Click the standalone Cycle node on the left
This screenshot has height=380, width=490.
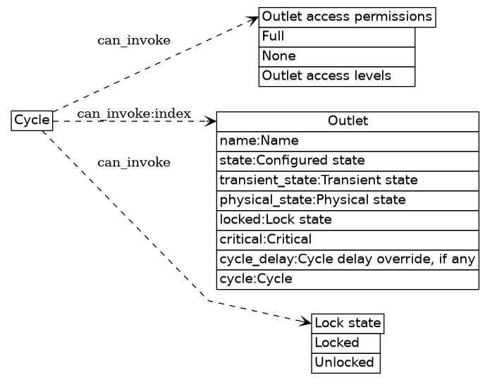pyautogui.click(x=32, y=121)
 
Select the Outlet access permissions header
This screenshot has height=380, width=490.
pyautogui.click(x=347, y=16)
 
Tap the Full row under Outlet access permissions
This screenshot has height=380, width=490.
pyautogui.click(x=336, y=36)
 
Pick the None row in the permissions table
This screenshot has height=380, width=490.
pyautogui.click(x=336, y=56)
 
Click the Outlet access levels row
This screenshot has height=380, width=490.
pyautogui.click(x=336, y=75)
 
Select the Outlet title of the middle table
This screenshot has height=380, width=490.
pyautogui.click(x=347, y=121)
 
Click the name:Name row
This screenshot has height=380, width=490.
pyautogui.click(x=347, y=141)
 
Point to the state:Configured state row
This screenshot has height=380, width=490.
pyautogui.click(x=347, y=161)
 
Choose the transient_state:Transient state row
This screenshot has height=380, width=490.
pyautogui.click(x=347, y=180)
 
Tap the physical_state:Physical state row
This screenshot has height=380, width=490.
pyautogui.click(x=347, y=200)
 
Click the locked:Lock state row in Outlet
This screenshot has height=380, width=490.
pyautogui.click(x=347, y=220)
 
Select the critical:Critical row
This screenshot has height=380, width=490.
pyautogui.click(x=347, y=240)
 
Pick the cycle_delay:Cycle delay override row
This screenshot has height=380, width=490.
pyautogui.click(x=347, y=259)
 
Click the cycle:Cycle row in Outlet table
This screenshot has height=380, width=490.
pyautogui.click(x=347, y=279)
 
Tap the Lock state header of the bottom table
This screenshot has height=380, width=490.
pyautogui.click(x=348, y=324)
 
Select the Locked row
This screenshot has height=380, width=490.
pyautogui.click(x=345, y=343)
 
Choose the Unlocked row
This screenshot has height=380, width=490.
pyautogui.click(x=345, y=363)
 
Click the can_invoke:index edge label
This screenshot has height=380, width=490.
pyautogui.click(x=134, y=114)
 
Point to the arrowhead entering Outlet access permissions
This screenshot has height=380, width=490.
pyautogui.click(x=254, y=17)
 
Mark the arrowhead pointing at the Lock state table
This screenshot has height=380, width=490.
pyautogui.click(x=306, y=323)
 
